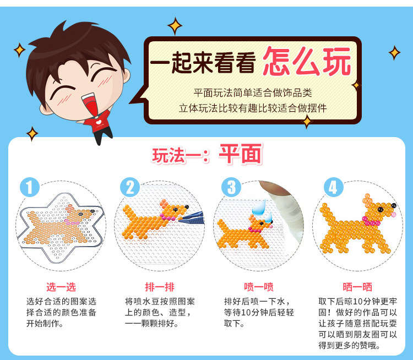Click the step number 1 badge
(x=30, y=187)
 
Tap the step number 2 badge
(x=130, y=187)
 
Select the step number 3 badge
(x=231, y=187)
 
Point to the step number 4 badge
(x=334, y=187)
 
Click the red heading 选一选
(x=61, y=287)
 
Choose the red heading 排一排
(x=160, y=287)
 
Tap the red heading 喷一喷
(x=259, y=287)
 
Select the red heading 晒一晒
(x=357, y=287)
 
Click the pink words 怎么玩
(x=307, y=62)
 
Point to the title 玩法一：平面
(x=207, y=155)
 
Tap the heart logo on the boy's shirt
(x=99, y=122)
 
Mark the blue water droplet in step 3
(x=259, y=208)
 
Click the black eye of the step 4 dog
(x=381, y=210)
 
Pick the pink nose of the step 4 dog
(x=394, y=214)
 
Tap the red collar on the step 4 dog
(x=371, y=221)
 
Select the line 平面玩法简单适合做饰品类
(x=253, y=92)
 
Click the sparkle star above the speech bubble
(x=175, y=26)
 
